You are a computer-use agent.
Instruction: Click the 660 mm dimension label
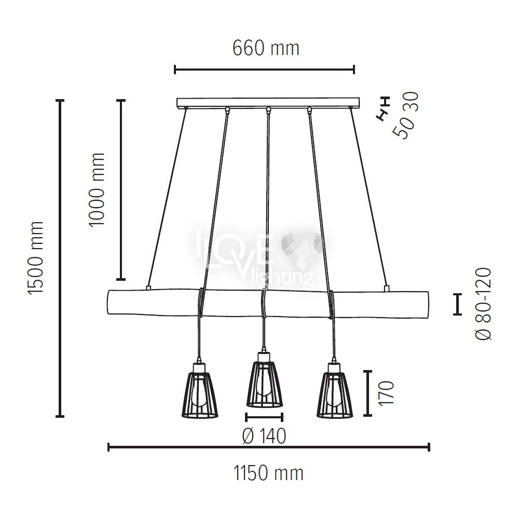(266, 48)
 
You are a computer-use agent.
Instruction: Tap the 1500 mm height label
(36, 258)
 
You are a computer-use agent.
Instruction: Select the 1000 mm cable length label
(97, 189)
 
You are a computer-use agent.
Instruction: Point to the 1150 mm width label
(268, 473)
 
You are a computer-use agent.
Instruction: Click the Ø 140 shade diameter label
(264, 436)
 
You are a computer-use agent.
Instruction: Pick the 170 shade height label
(386, 393)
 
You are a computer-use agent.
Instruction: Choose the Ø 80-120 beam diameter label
(484, 304)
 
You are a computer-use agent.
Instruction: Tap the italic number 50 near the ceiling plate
(403, 128)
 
